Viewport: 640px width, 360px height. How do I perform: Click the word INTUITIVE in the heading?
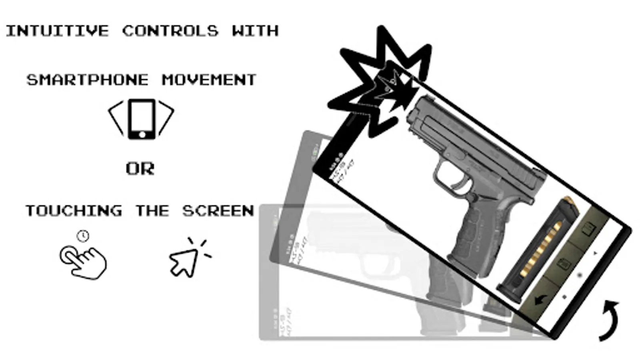(57, 31)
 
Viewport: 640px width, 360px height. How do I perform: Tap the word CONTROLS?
(170, 31)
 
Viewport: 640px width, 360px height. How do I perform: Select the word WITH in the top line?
(255, 31)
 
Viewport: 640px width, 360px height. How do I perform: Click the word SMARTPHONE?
(88, 80)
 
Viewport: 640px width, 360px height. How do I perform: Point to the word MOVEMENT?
(209, 80)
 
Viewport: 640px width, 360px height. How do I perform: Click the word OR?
(140, 169)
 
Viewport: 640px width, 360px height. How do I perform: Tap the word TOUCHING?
(74, 211)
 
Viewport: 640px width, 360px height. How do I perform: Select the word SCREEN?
(218, 211)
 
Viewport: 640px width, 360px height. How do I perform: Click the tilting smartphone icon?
(142, 119)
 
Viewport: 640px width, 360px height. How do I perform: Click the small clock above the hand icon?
(83, 236)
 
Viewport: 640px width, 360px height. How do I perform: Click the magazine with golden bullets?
(538, 250)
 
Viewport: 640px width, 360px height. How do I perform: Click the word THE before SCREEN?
(152, 211)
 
